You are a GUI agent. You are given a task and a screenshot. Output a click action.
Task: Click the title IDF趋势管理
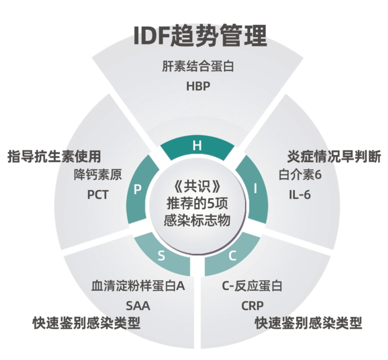pos(200,36)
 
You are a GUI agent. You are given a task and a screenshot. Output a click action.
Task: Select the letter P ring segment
pos(138,189)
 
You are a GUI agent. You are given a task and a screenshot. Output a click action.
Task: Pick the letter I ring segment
pos(255,189)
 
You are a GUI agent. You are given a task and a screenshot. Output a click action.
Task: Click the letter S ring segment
pos(161,256)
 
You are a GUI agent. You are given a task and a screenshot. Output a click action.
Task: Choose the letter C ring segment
pos(232,256)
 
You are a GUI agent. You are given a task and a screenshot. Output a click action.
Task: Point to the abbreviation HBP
pos(198,86)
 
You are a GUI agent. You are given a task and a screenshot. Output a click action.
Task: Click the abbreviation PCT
pos(98,195)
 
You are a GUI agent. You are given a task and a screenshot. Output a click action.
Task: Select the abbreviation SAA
pos(138,306)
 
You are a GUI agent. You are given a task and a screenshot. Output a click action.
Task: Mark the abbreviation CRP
pos(252,306)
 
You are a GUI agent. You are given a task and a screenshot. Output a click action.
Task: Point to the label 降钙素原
pos(98,175)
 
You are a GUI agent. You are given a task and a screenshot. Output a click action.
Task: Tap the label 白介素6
pos(300,175)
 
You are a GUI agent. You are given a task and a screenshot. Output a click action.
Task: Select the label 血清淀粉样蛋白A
pos(138,286)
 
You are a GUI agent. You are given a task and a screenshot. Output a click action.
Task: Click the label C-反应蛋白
pos(252,286)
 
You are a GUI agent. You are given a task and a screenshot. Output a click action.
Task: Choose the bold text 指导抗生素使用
pos(54,156)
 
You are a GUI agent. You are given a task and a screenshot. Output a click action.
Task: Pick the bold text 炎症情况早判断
pos(334,156)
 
